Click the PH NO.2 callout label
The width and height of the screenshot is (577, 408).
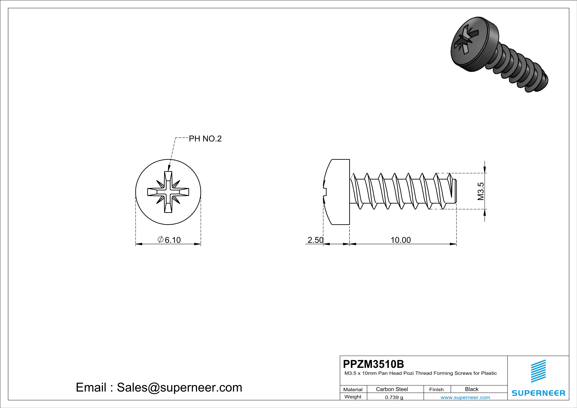point(205,139)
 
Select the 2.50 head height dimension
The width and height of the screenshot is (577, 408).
point(315,240)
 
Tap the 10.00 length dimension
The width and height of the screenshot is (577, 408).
point(401,240)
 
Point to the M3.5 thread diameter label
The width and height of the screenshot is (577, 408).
point(480,191)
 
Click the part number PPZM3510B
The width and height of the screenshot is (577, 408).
point(373,364)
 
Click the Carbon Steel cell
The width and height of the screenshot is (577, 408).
point(392,389)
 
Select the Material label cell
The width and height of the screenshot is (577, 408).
point(353,389)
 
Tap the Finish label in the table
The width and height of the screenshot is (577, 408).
point(436,389)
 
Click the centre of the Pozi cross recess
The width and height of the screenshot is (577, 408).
point(168,192)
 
